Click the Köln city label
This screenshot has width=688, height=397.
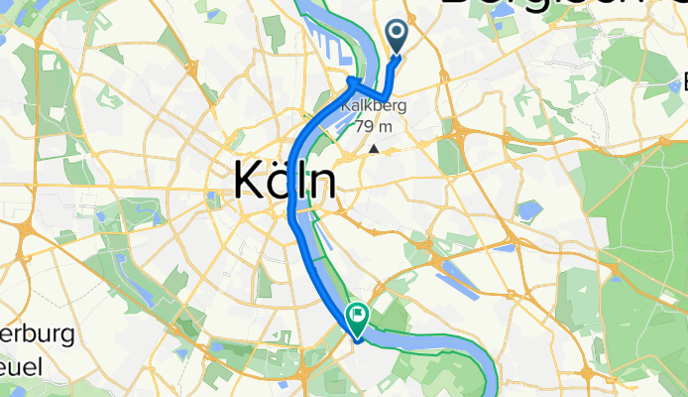(284, 183)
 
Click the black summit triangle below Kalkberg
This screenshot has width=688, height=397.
(375, 148)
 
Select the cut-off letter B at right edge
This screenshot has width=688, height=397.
(683, 79)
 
